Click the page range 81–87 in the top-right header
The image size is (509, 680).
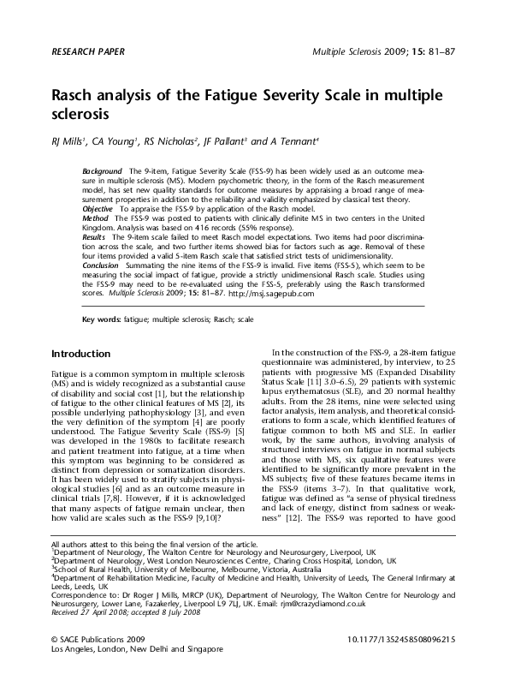(442, 51)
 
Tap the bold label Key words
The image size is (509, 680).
(99, 320)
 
